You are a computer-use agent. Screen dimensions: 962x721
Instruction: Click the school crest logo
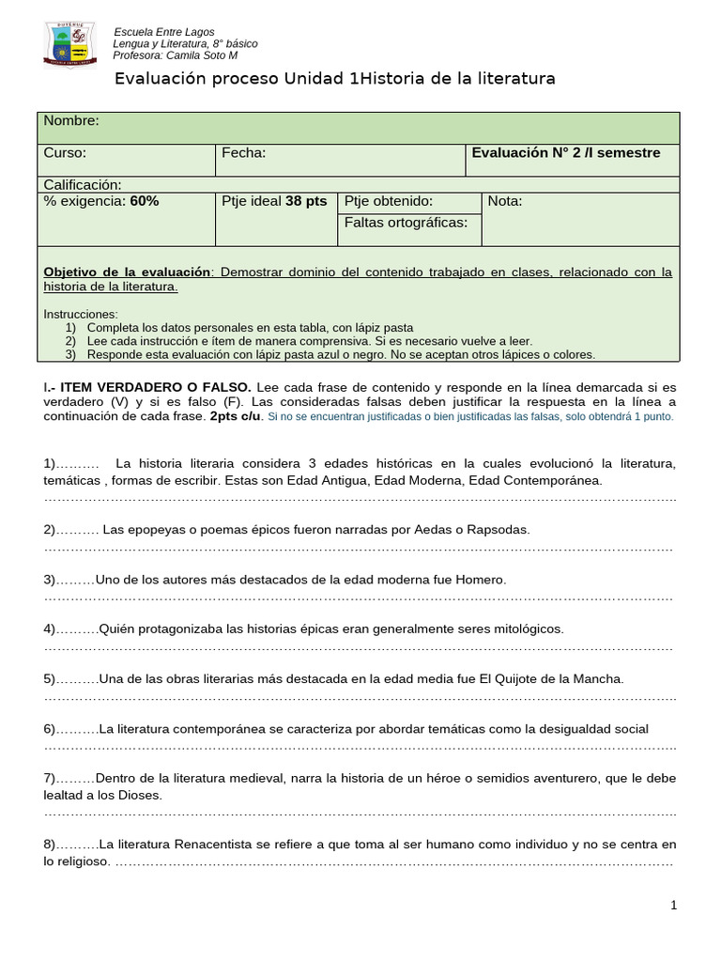tap(69, 44)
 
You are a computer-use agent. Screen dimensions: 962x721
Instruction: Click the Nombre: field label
tap(71, 121)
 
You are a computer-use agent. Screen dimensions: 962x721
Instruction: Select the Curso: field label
tap(65, 152)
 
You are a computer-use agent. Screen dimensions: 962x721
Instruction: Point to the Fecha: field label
tap(244, 152)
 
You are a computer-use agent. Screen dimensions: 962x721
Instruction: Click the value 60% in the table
tap(145, 201)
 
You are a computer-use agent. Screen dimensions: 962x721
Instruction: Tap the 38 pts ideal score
tap(306, 201)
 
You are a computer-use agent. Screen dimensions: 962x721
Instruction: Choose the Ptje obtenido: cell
tap(389, 201)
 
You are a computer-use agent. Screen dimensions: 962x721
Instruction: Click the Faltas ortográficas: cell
tap(406, 223)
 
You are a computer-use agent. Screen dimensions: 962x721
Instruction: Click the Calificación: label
tap(83, 184)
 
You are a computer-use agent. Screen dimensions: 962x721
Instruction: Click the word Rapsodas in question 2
tap(500, 530)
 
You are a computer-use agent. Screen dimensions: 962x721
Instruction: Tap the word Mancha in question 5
tap(599, 678)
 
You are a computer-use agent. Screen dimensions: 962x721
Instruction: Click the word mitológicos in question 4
tap(523, 628)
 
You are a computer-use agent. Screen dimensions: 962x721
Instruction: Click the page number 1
tap(673, 905)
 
